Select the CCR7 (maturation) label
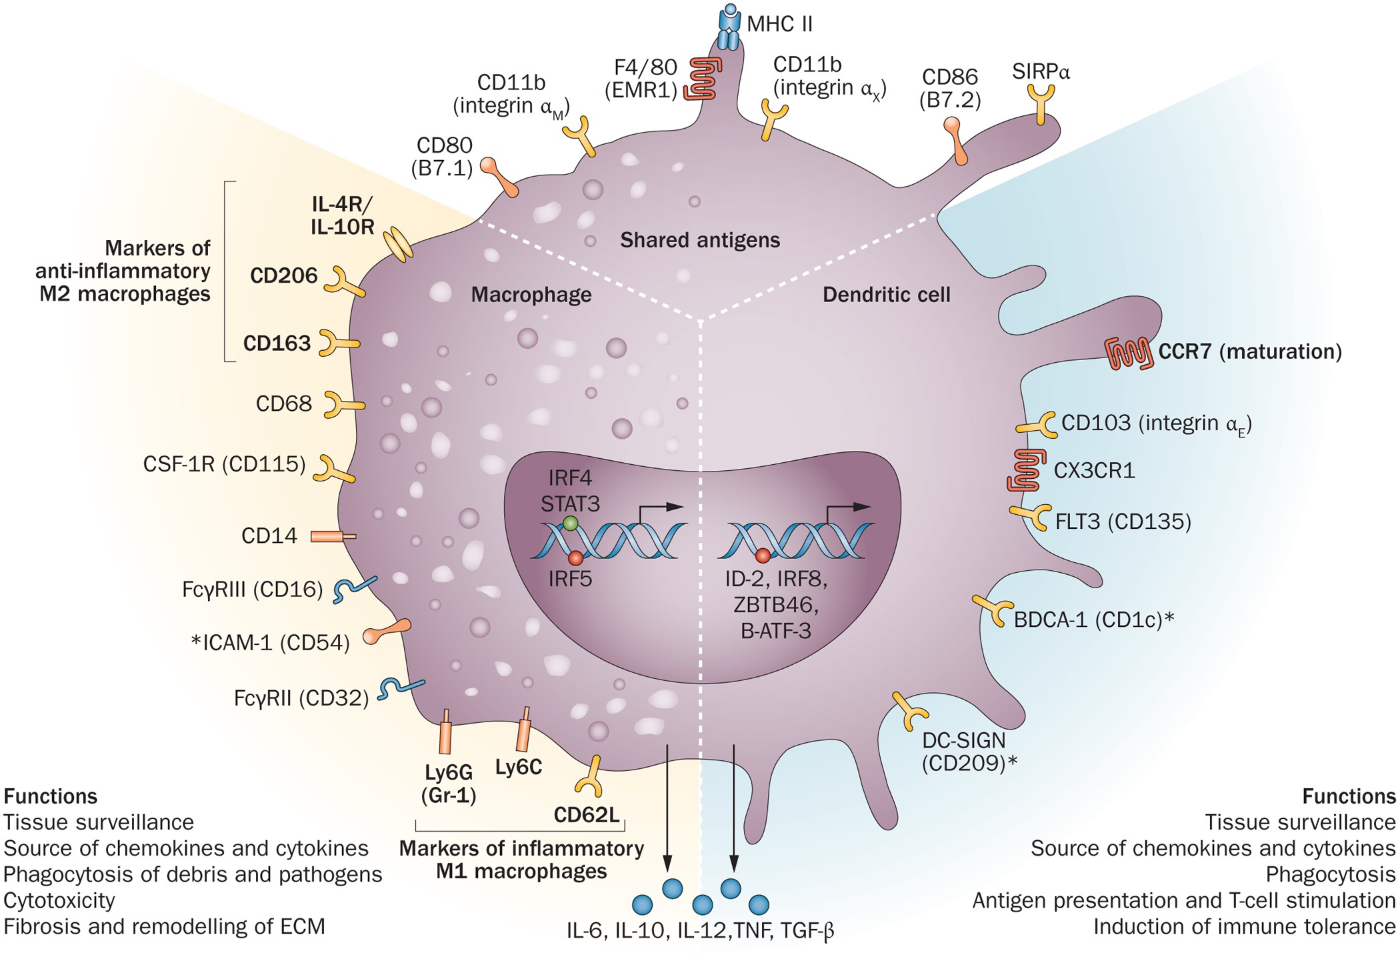tap(1249, 351)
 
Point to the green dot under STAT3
tap(570, 524)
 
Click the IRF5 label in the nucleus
tap(570, 578)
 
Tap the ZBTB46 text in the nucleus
tap(775, 605)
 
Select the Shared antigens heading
tap(699, 240)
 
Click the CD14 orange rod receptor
tap(333, 536)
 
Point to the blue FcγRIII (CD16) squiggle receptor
tap(354, 589)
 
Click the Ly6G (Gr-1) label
tap(449, 784)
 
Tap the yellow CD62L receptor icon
tap(589, 777)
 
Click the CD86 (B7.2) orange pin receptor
tap(956, 140)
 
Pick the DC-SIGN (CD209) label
tap(969, 751)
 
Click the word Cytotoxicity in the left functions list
tap(59, 900)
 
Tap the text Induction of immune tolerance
tap(1244, 926)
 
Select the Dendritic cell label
tap(886, 295)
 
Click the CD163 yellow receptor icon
tap(337, 343)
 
